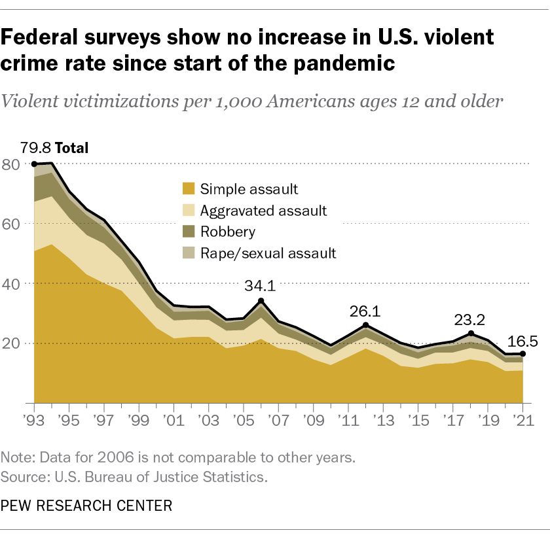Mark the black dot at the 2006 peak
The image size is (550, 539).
coord(261,301)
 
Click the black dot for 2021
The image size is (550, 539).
coord(522,354)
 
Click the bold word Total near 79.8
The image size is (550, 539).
coord(74,147)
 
